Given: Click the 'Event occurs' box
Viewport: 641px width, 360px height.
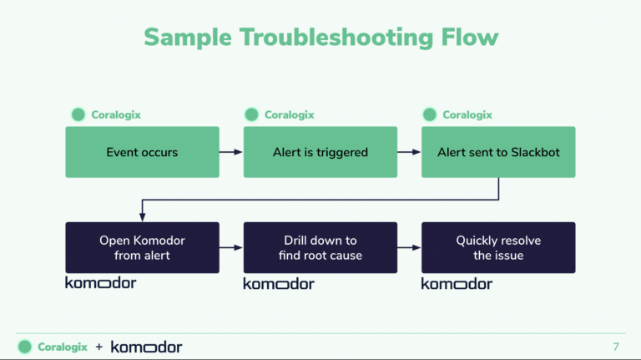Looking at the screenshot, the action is pyautogui.click(x=142, y=152).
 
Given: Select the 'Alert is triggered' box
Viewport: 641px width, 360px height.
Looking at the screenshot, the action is pyautogui.click(x=320, y=152).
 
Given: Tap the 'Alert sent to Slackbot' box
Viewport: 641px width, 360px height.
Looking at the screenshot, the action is pyautogui.click(x=498, y=152).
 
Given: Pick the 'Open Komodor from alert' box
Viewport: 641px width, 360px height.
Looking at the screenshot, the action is pyautogui.click(x=142, y=247).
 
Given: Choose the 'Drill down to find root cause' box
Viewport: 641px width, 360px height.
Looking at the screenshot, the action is pyautogui.click(x=320, y=247).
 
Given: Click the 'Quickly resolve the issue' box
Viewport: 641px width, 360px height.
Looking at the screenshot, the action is pyautogui.click(x=498, y=247).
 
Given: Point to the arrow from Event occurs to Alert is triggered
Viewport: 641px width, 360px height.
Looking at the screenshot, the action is pyautogui.click(x=231, y=152).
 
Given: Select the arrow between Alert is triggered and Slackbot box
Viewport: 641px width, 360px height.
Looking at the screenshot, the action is pyautogui.click(x=409, y=152).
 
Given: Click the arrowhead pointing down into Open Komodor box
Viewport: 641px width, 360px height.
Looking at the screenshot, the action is pyautogui.click(x=142, y=217).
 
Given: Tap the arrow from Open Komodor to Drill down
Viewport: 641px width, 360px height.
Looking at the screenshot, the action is pyautogui.click(x=231, y=247).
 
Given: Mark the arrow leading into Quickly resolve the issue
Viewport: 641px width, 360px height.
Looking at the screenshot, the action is pyautogui.click(x=409, y=247).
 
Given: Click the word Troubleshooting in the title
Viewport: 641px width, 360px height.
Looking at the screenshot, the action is pyautogui.click(x=336, y=38).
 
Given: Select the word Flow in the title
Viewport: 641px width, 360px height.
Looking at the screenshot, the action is pyautogui.click(x=470, y=38).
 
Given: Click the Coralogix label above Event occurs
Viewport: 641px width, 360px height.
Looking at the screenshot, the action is pyautogui.click(x=116, y=115).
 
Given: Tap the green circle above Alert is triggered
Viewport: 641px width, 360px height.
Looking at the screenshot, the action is pyautogui.click(x=251, y=114).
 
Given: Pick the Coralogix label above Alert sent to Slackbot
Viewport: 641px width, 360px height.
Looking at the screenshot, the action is pyautogui.click(x=467, y=115).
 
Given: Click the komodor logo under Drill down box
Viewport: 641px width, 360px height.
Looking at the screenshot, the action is pyautogui.click(x=279, y=283).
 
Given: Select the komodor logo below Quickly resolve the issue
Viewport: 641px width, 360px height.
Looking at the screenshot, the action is pyautogui.click(x=457, y=283).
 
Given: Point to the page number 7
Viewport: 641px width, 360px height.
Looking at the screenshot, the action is pyautogui.click(x=616, y=347).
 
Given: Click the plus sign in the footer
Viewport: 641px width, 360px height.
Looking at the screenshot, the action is pyautogui.click(x=99, y=347).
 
